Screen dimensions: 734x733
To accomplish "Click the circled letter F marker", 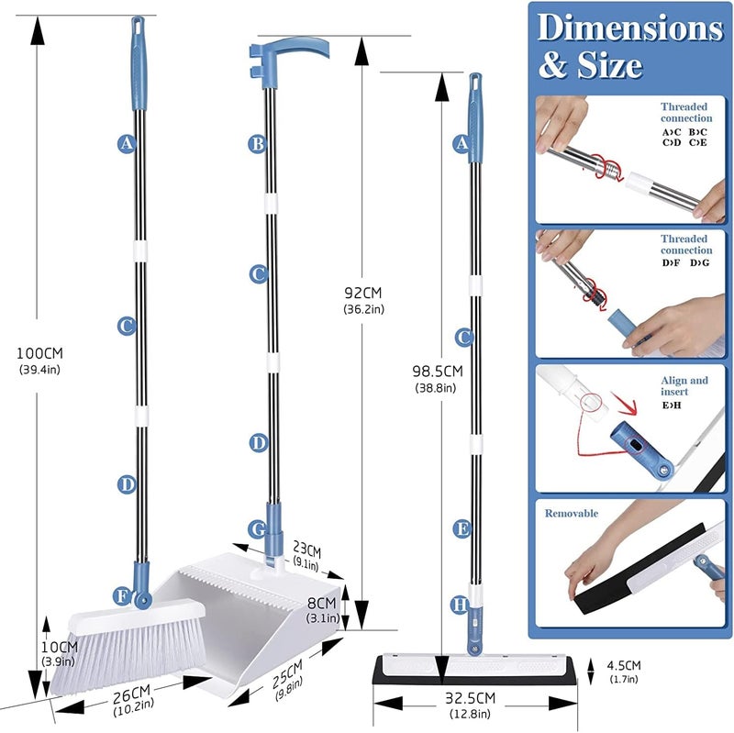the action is point(123,596).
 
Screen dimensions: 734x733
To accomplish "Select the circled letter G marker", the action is point(258,529).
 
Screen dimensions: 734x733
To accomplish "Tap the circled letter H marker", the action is point(460,605).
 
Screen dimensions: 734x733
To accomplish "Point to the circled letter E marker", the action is point(462,528).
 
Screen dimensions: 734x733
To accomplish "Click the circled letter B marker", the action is point(258,144).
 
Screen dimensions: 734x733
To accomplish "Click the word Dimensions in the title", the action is point(630,28).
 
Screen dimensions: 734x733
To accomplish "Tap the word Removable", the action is point(571,514).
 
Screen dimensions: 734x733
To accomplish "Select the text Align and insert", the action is point(684,385).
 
